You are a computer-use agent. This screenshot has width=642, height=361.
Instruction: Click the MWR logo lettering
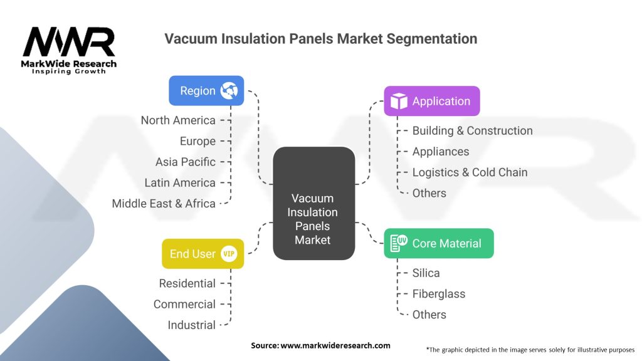69,42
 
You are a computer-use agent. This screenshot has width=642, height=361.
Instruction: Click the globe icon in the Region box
229,90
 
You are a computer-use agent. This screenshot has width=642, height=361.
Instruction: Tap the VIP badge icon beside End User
229,254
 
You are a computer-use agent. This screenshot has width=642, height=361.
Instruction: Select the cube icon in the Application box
399,101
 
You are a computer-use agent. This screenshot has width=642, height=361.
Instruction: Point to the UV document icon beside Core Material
399,243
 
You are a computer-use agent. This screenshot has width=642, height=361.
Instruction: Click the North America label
178,120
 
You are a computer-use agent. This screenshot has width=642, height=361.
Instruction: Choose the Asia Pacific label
186,162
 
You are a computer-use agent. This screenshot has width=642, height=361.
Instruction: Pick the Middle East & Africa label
164,204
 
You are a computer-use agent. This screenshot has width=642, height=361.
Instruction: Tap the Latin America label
180,182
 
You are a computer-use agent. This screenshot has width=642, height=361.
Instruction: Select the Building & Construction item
473,130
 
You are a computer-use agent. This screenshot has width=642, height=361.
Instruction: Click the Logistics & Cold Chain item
470,172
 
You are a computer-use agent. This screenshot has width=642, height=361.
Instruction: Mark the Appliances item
441,152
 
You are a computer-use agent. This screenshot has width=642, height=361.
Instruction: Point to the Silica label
426,273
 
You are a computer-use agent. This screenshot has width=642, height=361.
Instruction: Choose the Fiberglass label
438,294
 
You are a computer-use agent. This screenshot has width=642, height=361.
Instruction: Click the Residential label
187,283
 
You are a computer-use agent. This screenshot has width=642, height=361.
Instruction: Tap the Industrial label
192,325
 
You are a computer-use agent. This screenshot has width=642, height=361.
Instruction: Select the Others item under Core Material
429,315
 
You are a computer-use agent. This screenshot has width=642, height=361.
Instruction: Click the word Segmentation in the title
432,39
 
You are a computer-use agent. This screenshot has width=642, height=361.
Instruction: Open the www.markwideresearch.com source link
335,345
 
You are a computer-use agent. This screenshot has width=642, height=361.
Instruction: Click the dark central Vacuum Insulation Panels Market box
314,204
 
